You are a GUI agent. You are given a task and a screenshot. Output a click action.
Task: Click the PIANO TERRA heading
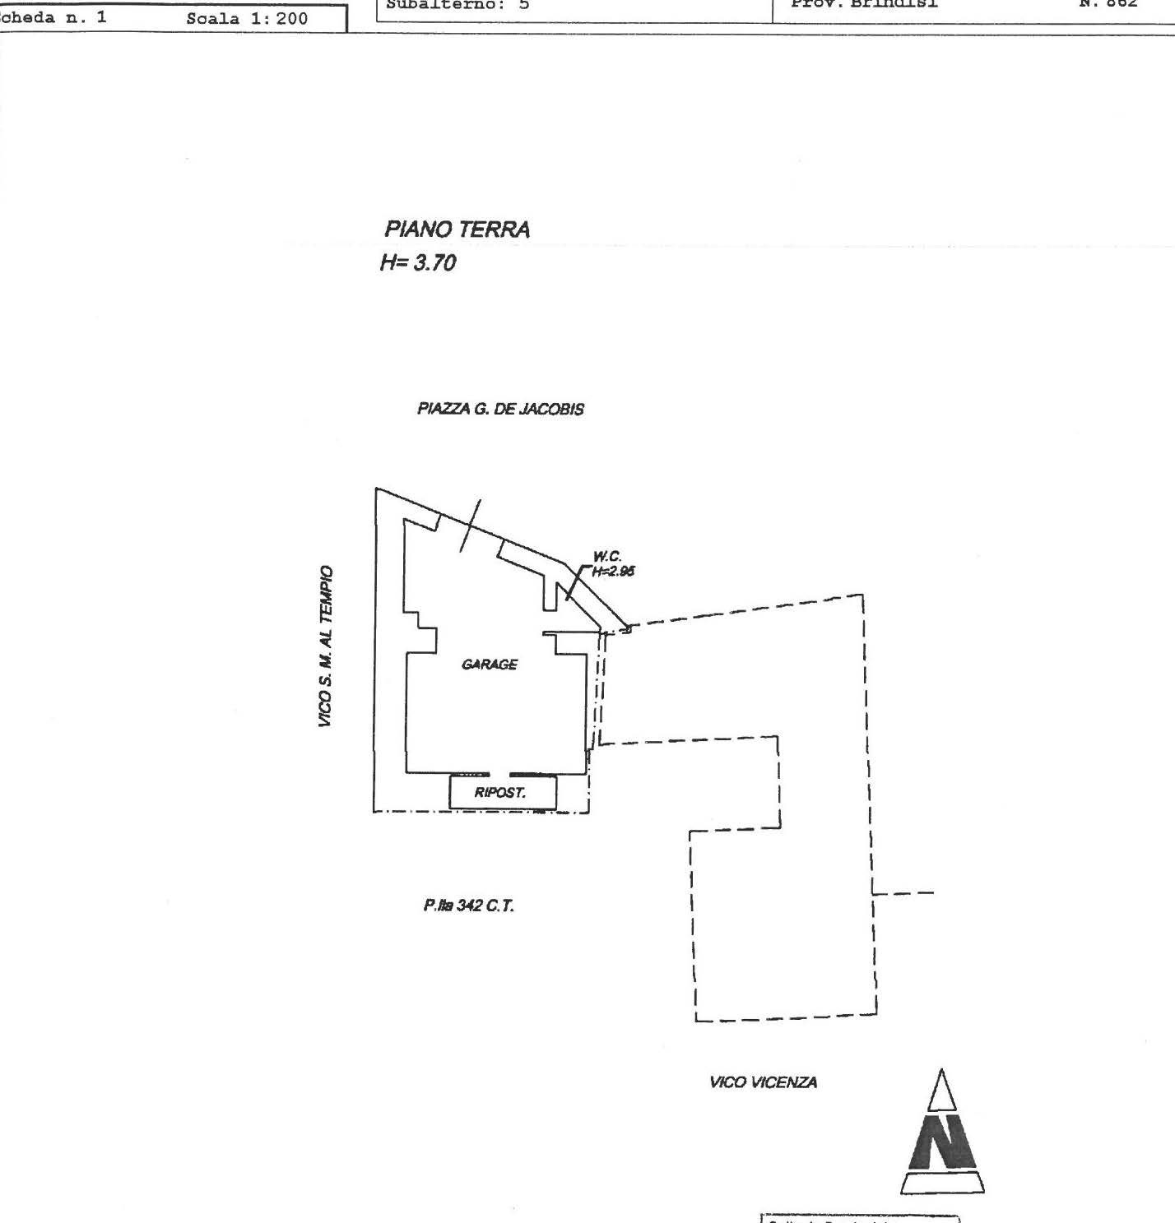457,229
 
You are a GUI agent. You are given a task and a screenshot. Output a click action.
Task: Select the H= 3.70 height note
417,263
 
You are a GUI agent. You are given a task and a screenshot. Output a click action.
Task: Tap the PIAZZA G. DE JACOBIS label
500,409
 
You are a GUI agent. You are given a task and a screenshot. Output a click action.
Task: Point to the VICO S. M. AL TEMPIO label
327,646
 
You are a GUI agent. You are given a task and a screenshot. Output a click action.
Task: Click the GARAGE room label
490,664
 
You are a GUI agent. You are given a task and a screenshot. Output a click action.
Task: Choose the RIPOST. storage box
502,793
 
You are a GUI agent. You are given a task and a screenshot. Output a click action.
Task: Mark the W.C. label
607,557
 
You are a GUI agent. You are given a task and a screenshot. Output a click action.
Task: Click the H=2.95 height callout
613,572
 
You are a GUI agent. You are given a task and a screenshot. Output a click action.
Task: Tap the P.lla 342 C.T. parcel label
469,906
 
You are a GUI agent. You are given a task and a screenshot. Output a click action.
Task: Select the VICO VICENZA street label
763,1082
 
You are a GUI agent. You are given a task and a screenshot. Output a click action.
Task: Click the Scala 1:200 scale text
247,18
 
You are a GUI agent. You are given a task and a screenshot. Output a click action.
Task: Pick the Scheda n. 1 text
53,16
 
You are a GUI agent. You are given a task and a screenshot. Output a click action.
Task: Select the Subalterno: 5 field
457,4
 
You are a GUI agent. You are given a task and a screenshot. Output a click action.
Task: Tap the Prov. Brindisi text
864,3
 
